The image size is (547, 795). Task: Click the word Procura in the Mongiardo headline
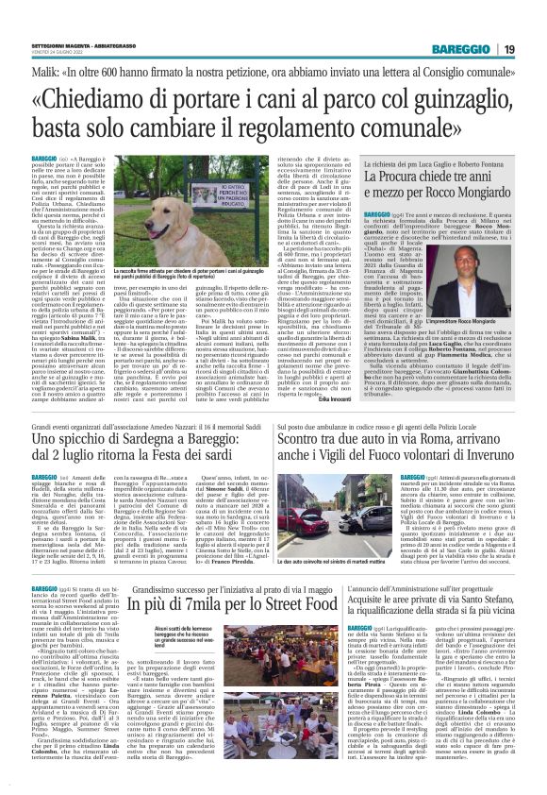(406, 177)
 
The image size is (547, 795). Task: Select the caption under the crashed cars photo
(314, 560)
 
